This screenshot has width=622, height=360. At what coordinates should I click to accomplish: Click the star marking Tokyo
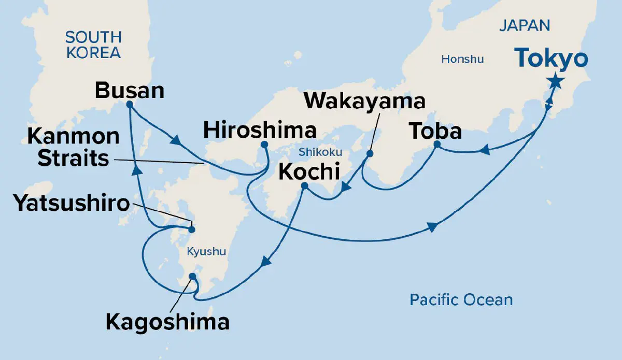555,81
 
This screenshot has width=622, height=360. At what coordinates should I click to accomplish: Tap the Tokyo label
552,59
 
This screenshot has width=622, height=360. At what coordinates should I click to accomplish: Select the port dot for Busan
130,104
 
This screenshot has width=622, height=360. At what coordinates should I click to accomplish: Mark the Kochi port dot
304,185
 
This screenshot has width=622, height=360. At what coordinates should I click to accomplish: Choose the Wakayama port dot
370,153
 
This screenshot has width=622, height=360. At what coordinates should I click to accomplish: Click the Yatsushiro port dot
191,229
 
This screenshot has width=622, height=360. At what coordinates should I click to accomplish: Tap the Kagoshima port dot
193,276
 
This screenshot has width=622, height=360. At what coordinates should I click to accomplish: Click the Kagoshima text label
167,322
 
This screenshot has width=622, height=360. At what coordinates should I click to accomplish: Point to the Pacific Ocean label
461,299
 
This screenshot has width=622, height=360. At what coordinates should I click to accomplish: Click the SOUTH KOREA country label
93,45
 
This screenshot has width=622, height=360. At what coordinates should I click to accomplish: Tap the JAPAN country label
525,26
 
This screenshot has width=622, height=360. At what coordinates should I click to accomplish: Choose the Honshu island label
462,59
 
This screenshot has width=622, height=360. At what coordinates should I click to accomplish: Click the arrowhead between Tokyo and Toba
484,151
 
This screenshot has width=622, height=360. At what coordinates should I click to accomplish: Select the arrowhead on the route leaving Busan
176,141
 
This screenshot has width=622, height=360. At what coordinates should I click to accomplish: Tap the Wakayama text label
364,101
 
